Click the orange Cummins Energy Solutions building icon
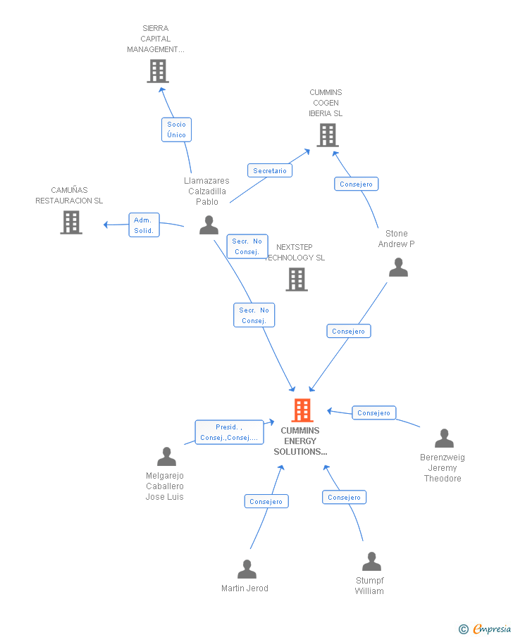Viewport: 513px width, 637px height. pos(302,410)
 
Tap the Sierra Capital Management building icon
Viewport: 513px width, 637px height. pos(158,71)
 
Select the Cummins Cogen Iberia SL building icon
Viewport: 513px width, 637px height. pos(328,135)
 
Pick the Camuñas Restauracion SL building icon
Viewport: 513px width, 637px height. pos(71,222)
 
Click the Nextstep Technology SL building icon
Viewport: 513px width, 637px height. pos(297,279)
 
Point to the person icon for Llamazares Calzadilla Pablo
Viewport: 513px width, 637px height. pos(209,225)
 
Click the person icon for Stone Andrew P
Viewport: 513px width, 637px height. pos(398,267)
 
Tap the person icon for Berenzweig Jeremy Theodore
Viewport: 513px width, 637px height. pos(444,439)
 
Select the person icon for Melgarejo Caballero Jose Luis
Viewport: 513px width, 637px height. pos(167,457)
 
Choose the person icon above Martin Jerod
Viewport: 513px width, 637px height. pos(247,569)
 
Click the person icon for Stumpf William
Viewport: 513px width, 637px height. pos(372,562)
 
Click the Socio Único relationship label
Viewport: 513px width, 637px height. pos(177,130)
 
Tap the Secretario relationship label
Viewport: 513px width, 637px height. pos(270,170)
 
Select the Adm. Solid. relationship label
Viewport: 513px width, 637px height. pos(144,225)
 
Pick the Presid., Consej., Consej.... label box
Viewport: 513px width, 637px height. pos(230,432)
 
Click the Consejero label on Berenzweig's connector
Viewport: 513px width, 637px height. pos(374,412)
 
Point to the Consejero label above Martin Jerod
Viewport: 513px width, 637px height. pos(266,501)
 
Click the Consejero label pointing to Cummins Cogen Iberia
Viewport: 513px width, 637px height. pos(357,184)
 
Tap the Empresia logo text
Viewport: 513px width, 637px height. pos(492,629)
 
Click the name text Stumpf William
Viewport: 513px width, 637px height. pos(369,586)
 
